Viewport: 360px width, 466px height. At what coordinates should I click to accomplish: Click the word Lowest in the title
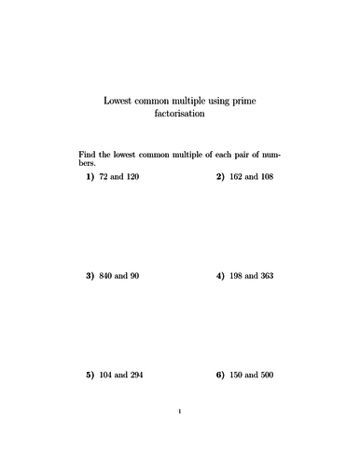[x=115, y=100]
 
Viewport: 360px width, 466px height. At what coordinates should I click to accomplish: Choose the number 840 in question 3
[x=105, y=276]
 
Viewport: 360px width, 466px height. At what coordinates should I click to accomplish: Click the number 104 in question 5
[x=105, y=376]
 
